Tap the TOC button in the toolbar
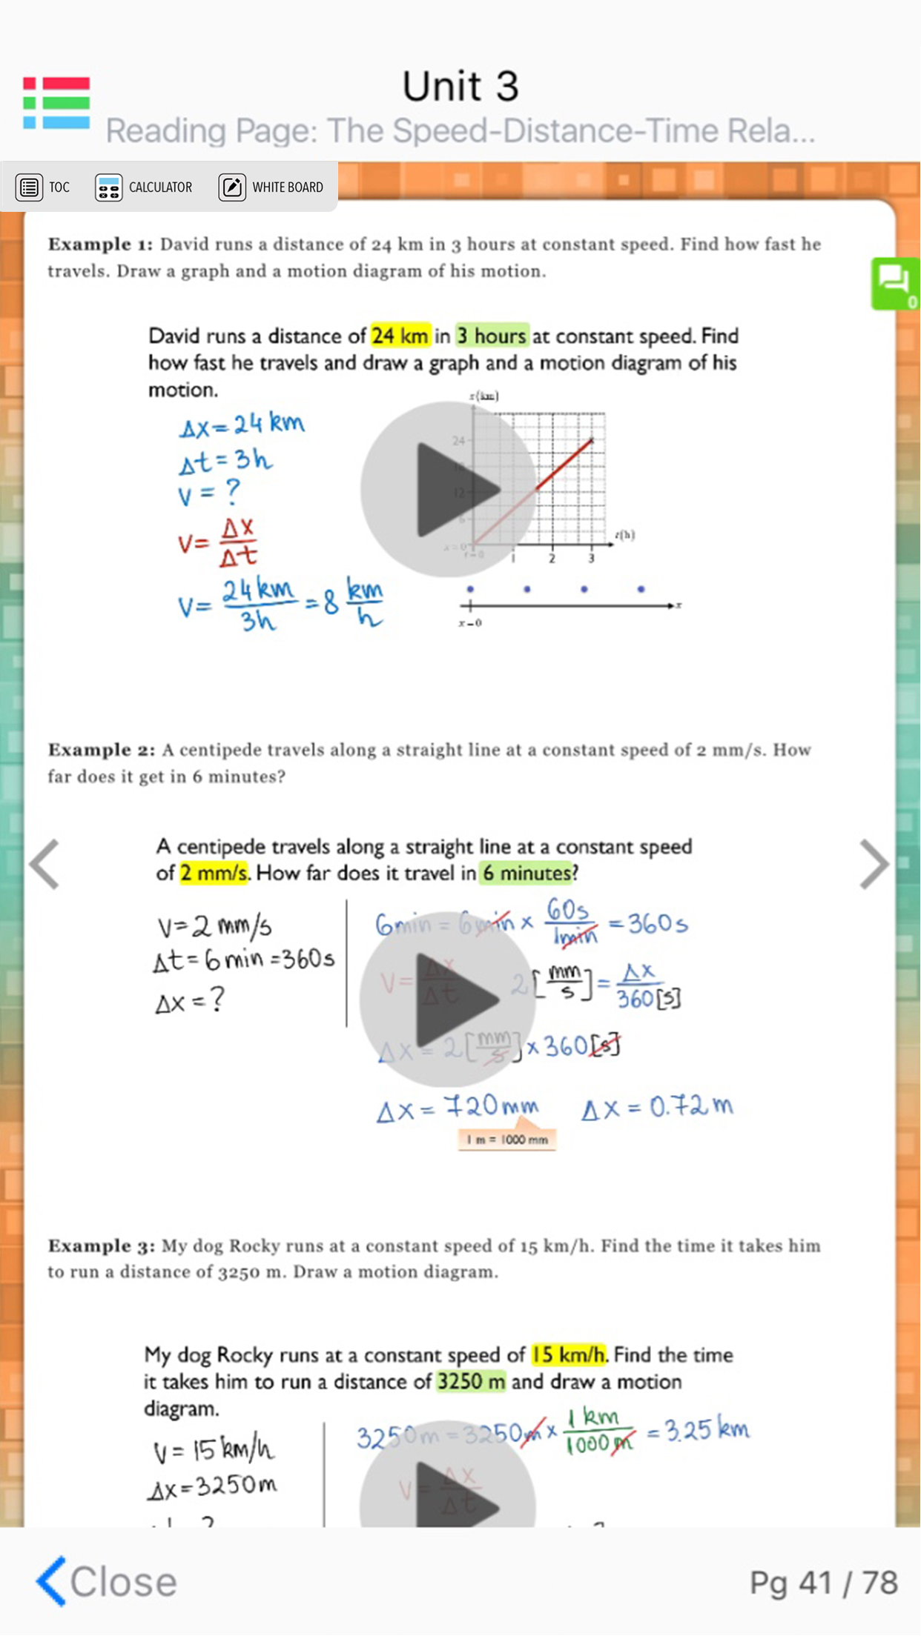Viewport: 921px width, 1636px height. (x=43, y=187)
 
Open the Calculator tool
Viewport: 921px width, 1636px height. (x=144, y=187)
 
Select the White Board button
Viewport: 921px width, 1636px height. (x=271, y=187)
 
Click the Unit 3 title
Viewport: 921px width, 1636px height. (x=460, y=87)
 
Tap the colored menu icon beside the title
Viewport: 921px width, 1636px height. (x=56, y=103)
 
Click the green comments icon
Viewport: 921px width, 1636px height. (x=895, y=282)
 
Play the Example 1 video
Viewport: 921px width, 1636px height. (x=448, y=489)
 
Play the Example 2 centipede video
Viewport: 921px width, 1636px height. (x=448, y=999)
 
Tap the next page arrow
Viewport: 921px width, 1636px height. (x=874, y=864)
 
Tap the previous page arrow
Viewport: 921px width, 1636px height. (x=44, y=864)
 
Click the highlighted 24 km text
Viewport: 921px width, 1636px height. (x=400, y=336)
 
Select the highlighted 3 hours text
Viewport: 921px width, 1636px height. (x=492, y=336)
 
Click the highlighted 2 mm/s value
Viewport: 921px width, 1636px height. (x=214, y=873)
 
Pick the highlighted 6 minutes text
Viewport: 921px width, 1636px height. (x=526, y=873)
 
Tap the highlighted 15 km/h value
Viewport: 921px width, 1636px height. (x=569, y=1355)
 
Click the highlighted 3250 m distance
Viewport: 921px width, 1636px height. (x=471, y=1382)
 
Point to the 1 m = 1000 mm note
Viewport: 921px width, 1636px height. (x=507, y=1140)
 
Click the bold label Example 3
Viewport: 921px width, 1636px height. (x=100, y=1246)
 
